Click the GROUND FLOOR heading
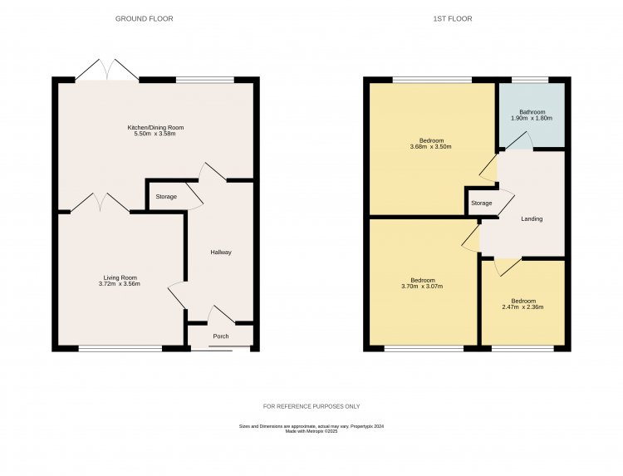[x=145, y=18]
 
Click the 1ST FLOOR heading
[x=453, y=18]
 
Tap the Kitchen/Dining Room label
[x=155, y=128]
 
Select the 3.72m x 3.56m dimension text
[x=119, y=284]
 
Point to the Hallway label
[x=221, y=253]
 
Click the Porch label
[x=221, y=336]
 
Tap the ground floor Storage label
[x=166, y=197]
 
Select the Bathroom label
[x=532, y=112]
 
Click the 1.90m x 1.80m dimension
[x=532, y=118]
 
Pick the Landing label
[x=532, y=219]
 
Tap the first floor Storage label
[x=482, y=203]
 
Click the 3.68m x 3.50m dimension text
[x=430, y=146]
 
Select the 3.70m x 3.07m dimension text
[x=422, y=286]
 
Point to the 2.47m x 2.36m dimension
[x=522, y=307]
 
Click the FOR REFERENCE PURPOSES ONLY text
[x=311, y=406]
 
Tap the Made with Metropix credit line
[x=311, y=431]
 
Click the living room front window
[x=120, y=349]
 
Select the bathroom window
[x=530, y=80]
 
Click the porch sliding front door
[x=221, y=348]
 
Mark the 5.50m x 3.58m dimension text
[x=155, y=134]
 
